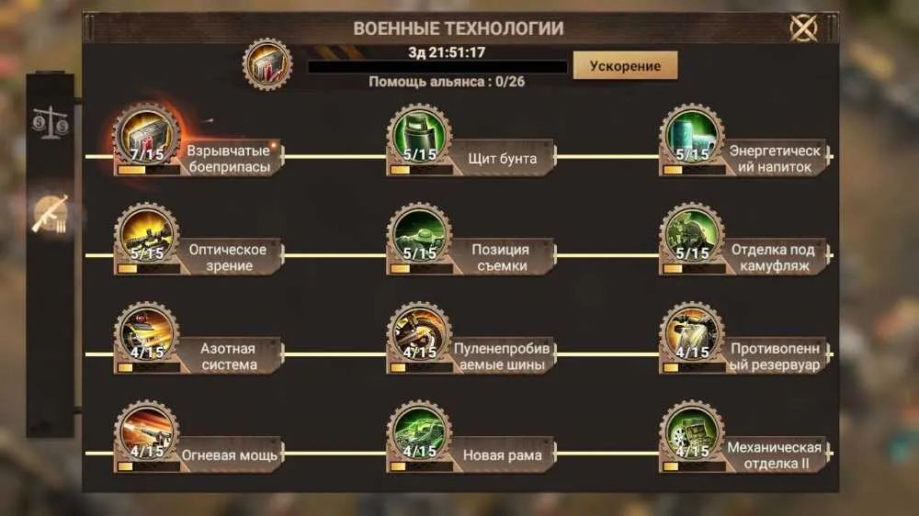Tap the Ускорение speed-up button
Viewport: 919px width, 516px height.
pos(625,65)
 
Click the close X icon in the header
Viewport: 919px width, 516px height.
pos(803,28)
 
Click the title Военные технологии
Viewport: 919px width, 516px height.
pos(459,28)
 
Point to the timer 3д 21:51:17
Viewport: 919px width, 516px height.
pos(447,52)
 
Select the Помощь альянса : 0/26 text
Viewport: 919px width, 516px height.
pos(447,82)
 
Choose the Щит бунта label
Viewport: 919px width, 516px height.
pos(503,159)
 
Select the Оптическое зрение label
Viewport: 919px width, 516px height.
pos(228,258)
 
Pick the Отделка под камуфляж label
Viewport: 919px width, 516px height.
pos(774,258)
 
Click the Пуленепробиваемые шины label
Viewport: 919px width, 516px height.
pos(503,356)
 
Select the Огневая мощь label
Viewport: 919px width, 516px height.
pos(229,455)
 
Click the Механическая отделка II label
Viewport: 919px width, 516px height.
pos(774,455)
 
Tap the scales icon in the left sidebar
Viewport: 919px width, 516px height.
pos(51,122)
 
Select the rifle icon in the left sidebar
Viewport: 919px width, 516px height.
pos(51,214)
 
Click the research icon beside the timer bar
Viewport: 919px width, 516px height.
pos(267,64)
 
